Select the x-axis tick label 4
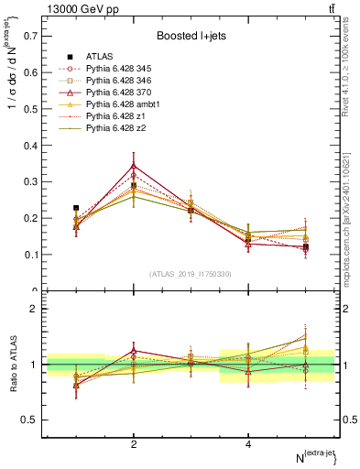click(x=248, y=444)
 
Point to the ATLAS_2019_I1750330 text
click(x=191, y=274)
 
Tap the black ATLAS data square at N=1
click(x=76, y=208)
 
